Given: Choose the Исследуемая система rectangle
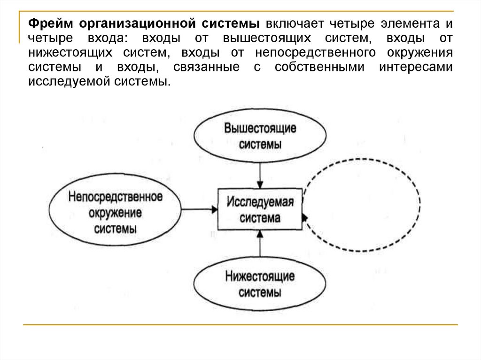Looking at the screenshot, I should tap(260, 210).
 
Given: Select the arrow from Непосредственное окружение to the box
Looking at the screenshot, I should tap(199, 210).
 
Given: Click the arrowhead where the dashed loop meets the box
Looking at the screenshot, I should tap(304, 217).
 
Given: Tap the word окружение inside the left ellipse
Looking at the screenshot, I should tap(115, 213).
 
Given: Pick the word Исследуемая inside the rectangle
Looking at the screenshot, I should tap(260, 202).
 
